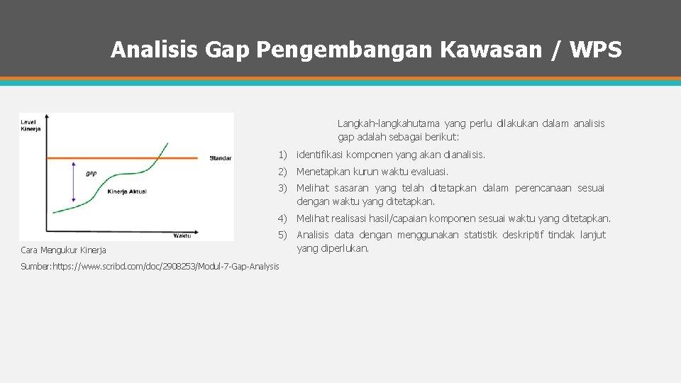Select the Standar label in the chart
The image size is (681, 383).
pos(221,158)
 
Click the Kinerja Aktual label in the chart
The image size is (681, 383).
pos(127,191)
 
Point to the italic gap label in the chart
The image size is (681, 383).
pos(92,172)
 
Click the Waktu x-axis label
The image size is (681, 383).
pos(182,236)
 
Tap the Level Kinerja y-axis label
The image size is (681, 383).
pos(30,126)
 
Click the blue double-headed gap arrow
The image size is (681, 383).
pos(74,182)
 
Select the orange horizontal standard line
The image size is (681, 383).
pos(106,157)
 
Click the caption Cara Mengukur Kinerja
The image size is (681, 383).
pos(63,250)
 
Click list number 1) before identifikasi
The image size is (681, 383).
pos(282,155)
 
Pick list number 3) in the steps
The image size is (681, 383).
pos(282,189)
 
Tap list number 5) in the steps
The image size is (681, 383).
pos(282,235)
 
